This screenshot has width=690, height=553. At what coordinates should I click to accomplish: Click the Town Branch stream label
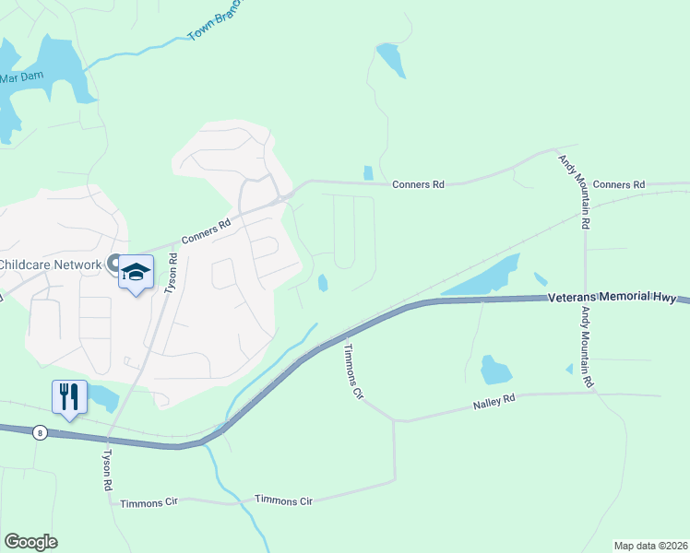[x=214, y=20]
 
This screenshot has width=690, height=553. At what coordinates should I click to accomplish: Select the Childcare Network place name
[x=50, y=265]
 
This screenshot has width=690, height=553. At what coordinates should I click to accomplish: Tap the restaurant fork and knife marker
[x=69, y=397]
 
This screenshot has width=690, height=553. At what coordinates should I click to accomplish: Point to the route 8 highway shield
[x=39, y=431]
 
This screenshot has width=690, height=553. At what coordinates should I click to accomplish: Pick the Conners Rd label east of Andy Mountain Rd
[x=619, y=185]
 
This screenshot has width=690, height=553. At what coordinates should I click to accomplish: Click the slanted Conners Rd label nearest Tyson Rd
[x=206, y=230]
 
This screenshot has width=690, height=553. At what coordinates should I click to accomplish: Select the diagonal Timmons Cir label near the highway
[x=355, y=371]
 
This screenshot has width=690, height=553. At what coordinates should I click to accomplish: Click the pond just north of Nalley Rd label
[x=495, y=371]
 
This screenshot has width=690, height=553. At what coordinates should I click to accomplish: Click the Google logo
[x=30, y=542]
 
